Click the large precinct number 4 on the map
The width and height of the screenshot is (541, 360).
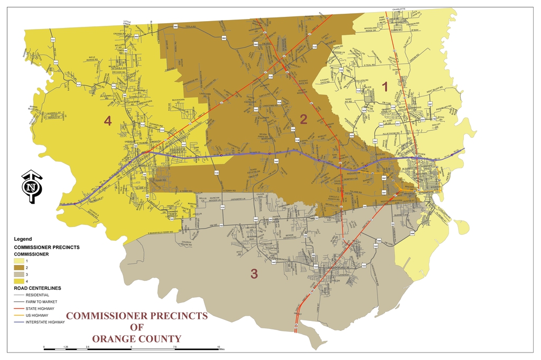pyautogui.click(x=108, y=121)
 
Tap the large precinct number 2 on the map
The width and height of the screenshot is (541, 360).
pyautogui.click(x=303, y=119)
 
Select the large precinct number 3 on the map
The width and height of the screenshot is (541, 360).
pyautogui.click(x=254, y=274)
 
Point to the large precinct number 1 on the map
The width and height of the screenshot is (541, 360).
pyautogui.click(x=385, y=86)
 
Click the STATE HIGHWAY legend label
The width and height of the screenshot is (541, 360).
pyautogui.click(x=40, y=308)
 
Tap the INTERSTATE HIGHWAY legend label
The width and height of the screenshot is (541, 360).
pyautogui.click(x=45, y=322)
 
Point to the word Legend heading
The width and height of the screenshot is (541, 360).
pyautogui.click(x=23, y=239)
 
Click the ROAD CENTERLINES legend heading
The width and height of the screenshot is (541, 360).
pyautogui.click(x=37, y=288)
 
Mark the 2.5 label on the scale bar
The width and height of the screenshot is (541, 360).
pyautogui.click(x=88, y=347)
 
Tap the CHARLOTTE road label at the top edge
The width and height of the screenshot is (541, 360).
pyautogui.click(x=399, y=9)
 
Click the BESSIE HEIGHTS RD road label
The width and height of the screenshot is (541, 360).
pyautogui.click(x=293, y=234)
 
